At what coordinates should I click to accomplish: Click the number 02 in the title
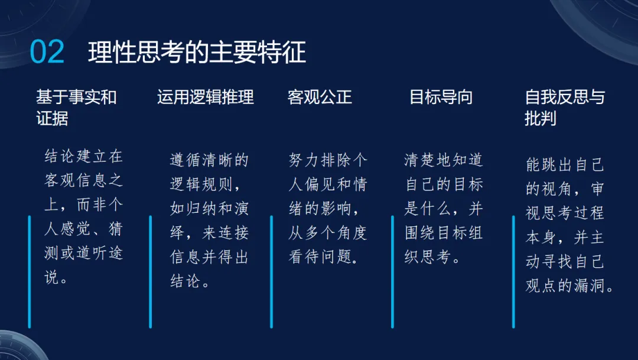[47, 53]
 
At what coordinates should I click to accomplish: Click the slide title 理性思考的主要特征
[197, 53]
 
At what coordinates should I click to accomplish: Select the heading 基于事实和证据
[76, 108]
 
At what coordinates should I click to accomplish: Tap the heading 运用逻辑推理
[206, 97]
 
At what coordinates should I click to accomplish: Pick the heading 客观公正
[320, 97]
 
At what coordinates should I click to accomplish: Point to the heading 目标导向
[441, 97]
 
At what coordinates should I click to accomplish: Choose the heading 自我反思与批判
[564, 108]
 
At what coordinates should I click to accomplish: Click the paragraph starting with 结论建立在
[84, 217]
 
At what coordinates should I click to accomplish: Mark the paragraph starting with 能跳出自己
[568, 225]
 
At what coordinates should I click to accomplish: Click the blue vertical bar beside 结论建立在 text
[30, 271]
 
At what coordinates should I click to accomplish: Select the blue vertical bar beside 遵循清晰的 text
[151, 271]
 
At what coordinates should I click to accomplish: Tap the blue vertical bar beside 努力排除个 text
[272, 271]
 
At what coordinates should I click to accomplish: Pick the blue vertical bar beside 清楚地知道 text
[392, 271]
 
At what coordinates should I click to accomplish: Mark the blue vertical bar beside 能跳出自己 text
[513, 271]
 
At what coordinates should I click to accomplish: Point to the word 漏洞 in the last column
[595, 286]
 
